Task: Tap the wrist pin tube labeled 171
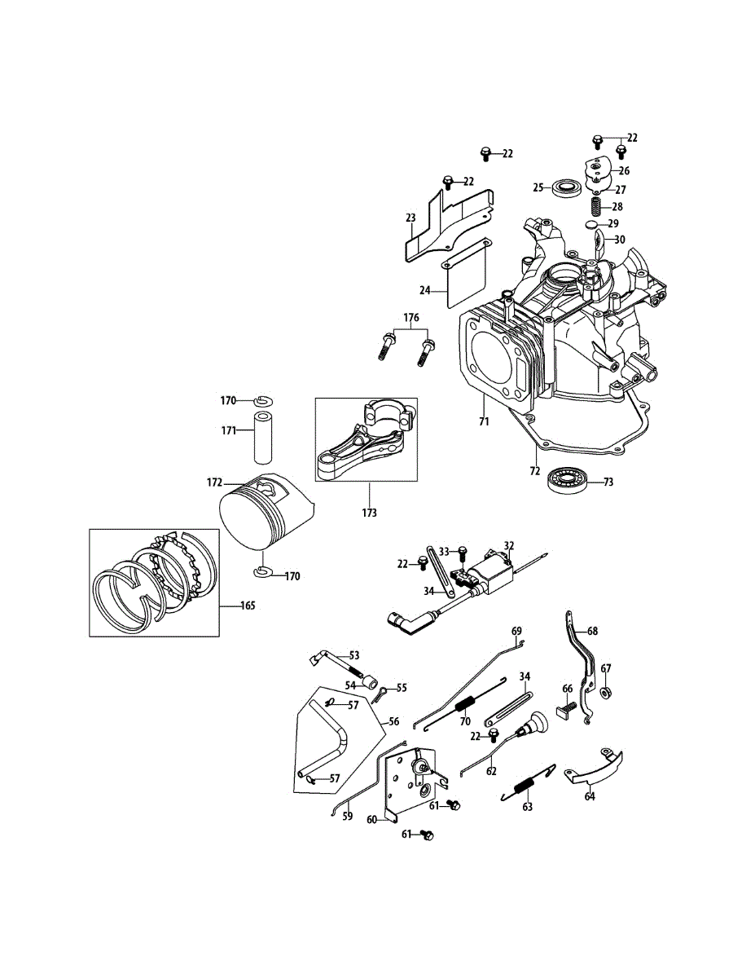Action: (x=264, y=431)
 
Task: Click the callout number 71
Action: (x=483, y=421)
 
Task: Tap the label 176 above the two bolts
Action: (x=410, y=316)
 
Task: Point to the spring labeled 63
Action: (x=525, y=786)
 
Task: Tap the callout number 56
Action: (x=393, y=721)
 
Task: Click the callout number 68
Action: (x=592, y=631)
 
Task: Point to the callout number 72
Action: (x=534, y=471)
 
